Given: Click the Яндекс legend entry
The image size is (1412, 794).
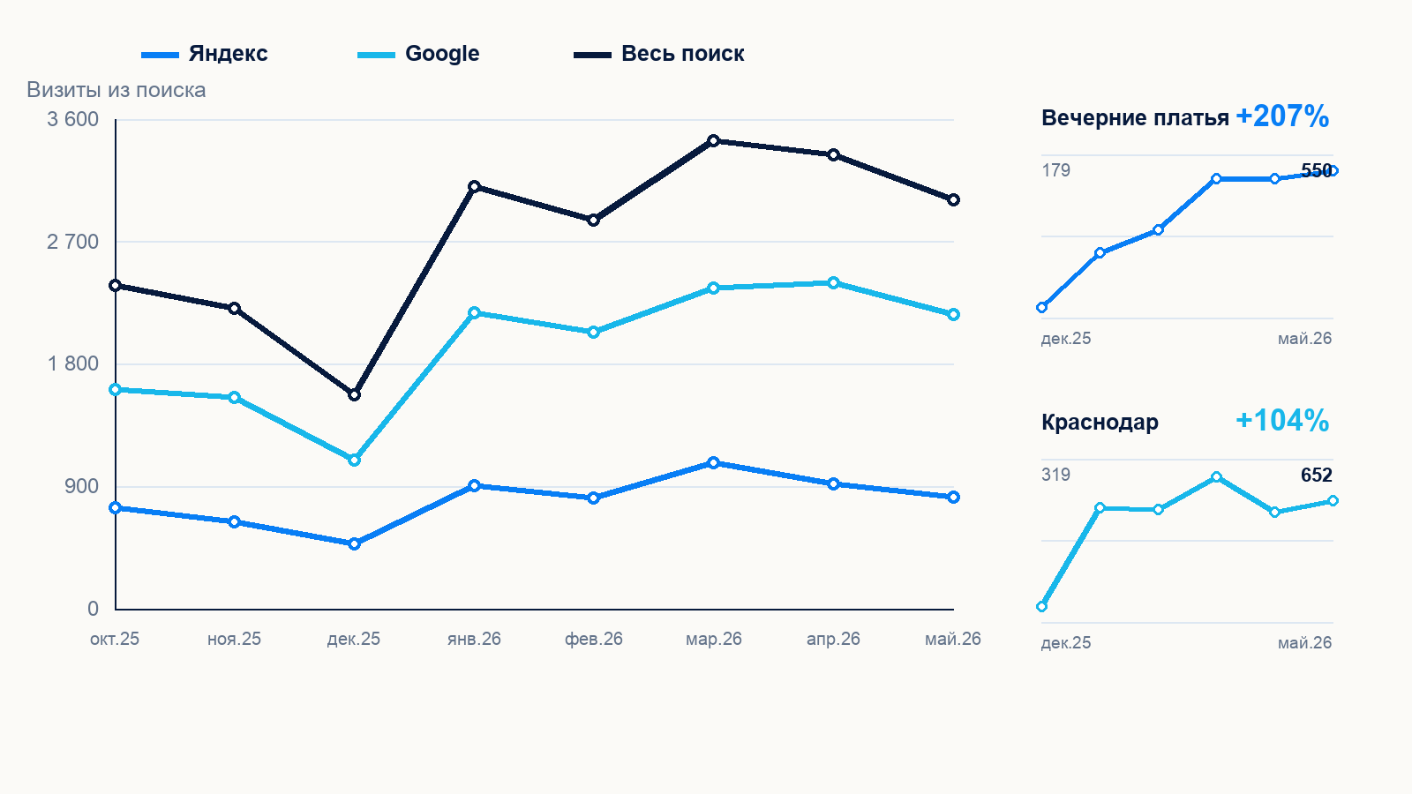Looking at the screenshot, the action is click(205, 54).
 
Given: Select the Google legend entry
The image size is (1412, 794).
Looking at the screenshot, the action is click(418, 54).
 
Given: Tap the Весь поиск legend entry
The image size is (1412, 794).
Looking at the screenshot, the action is click(659, 54).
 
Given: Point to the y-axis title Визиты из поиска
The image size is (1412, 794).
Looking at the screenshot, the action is click(116, 90).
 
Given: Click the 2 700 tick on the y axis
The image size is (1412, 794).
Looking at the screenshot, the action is click(72, 242).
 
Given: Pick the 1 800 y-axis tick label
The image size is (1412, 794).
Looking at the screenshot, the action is click(72, 363).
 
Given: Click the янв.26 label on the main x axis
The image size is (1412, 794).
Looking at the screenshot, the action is click(474, 639).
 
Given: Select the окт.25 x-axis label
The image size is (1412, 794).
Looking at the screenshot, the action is click(115, 639).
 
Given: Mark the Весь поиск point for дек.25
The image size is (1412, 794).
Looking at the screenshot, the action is click(354, 395).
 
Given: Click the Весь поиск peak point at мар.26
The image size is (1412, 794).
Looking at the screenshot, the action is click(714, 140).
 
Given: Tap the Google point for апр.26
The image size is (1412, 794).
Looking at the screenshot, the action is click(833, 283).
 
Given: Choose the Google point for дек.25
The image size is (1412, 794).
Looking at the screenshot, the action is click(354, 461).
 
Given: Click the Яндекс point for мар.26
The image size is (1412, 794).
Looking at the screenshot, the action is click(714, 463).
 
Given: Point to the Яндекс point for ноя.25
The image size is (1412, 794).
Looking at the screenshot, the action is click(235, 521).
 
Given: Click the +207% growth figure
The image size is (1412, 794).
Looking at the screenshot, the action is click(1283, 116).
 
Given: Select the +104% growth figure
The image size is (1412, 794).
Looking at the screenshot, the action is click(1283, 421).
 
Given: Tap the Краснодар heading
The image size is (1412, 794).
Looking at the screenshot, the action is click(1100, 423).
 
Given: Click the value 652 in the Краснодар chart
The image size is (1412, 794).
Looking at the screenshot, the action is click(1316, 476).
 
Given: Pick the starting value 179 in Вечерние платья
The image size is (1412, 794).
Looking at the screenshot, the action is click(1055, 170).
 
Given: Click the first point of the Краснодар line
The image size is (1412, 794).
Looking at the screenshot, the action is click(1042, 607).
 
